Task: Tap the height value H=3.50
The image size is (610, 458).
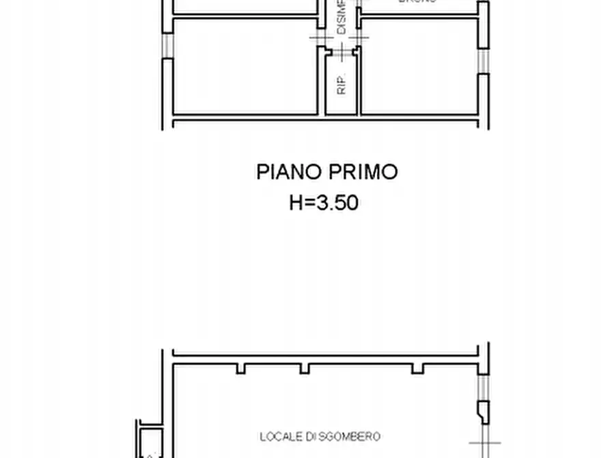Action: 324,203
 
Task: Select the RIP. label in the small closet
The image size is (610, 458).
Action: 342,83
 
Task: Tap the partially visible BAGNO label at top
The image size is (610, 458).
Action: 417,2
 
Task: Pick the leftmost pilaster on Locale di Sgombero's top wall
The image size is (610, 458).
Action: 241,368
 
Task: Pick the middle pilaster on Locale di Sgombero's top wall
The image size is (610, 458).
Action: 305,368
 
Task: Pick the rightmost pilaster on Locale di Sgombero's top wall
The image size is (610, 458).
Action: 417,368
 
